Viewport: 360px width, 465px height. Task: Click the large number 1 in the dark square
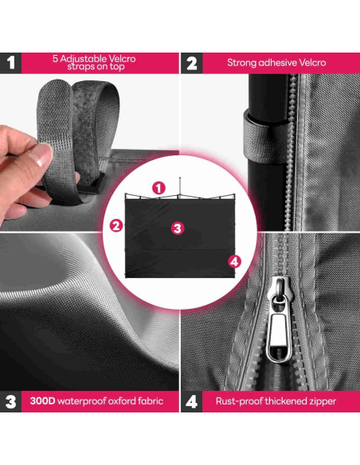10,63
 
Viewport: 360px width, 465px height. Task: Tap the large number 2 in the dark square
192,63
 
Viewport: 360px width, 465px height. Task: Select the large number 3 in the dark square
10,401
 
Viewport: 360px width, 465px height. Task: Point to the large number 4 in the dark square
192,401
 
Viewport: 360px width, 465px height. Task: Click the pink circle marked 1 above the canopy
158,188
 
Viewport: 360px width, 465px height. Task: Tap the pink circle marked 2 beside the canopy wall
116,225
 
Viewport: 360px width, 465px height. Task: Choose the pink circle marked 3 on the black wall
178,229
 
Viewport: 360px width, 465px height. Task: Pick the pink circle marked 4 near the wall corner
234,261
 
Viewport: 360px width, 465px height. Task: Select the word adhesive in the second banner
277,63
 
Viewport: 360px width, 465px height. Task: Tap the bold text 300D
42,401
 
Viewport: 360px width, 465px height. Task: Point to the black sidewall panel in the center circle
180,237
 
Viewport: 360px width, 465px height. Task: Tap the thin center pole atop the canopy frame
180,186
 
